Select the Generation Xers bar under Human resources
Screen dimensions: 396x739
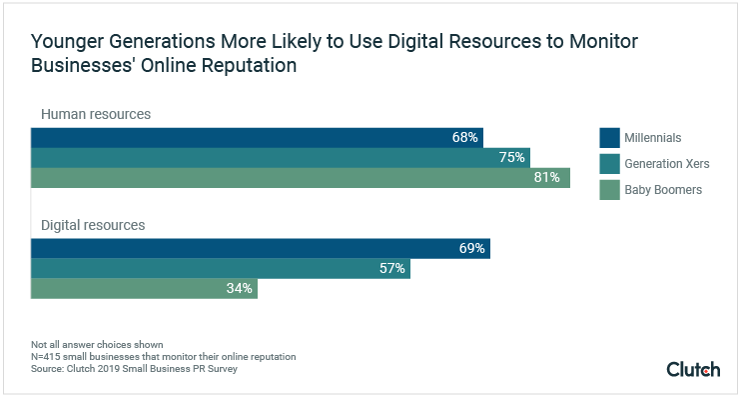[x=280, y=158]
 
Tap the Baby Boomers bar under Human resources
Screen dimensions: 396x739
[x=300, y=178]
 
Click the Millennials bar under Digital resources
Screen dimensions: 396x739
[x=260, y=248]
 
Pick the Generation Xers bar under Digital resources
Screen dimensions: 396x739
[x=220, y=268]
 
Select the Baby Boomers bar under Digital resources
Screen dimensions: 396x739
[x=144, y=288]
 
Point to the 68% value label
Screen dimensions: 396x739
[x=465, y=138]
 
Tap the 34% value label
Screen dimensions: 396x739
[x=240, y=288]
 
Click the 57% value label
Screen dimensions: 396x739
[x=391, y=268]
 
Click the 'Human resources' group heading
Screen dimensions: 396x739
[x=96, y=114]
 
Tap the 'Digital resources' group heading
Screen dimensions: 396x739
[x=93, y=225]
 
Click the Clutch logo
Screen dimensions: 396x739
[x=693, y=369]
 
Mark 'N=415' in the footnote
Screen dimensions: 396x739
[x=49, y=357]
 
